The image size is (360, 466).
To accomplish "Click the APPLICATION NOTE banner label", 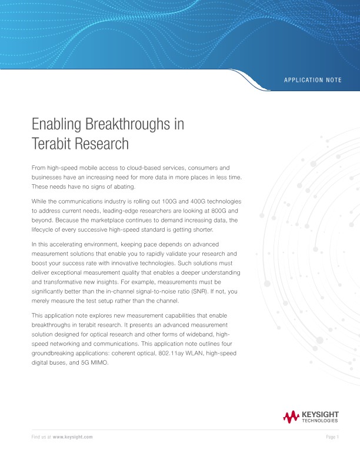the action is [x=312, y=79].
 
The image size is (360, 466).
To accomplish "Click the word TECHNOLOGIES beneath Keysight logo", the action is [x=319, y=421].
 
